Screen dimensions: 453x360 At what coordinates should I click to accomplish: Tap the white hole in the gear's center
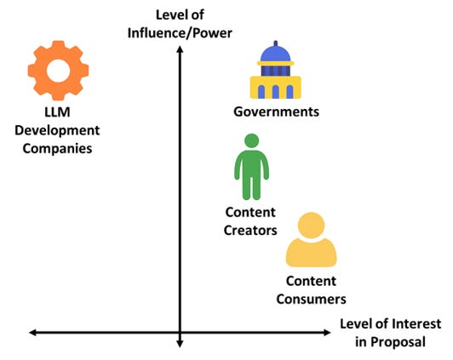[58, 71]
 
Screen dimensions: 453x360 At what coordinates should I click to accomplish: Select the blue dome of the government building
[275, 54]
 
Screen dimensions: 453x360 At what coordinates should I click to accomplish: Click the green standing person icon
[251, 167]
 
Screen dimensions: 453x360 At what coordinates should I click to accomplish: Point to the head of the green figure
[252, 141]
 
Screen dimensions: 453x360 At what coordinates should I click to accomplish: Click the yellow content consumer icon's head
[311, 226]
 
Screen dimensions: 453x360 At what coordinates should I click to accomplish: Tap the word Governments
[276, 111]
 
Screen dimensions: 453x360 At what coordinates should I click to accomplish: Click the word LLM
[58, 112]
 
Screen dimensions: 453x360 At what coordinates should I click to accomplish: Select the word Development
[57, 130]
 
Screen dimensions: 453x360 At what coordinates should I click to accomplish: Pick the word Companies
[57, 149]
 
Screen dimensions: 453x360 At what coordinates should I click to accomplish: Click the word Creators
[250, 231]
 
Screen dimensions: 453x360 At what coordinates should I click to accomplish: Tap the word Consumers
[311, 299]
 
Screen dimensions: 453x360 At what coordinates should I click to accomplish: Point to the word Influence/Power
[180, 33]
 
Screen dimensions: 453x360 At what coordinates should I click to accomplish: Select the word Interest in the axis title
[416, 323]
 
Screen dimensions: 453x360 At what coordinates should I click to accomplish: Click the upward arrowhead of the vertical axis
[180, 49]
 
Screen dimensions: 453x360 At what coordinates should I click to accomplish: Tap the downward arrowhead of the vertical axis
[180, 344]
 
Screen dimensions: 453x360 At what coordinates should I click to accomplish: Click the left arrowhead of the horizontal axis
[32, 333]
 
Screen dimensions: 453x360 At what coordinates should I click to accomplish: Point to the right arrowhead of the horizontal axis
[327, 333]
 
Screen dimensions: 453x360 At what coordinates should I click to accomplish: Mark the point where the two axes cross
[180, 333]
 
